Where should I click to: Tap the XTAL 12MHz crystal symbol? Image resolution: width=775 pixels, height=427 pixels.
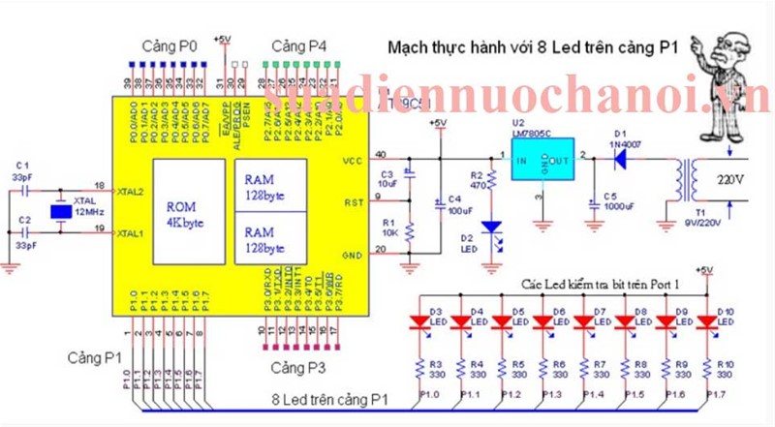60,212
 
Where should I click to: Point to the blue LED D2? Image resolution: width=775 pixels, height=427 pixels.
492,228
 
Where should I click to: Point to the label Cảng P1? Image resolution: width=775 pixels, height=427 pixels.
95,357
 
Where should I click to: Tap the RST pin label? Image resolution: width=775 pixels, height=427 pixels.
353,201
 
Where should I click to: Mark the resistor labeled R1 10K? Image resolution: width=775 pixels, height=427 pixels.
410,230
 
